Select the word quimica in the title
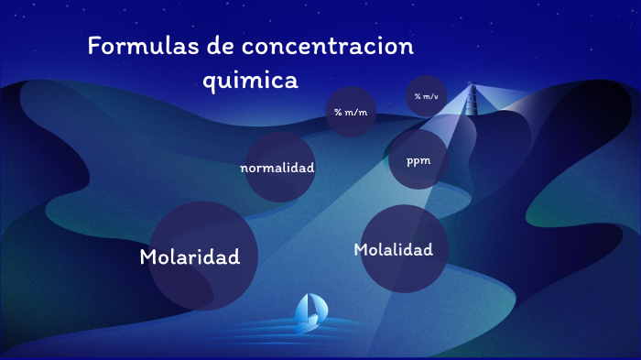coord(250,81)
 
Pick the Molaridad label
coord(190,257)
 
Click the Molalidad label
coord(393,249)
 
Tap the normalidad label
coord(277,168)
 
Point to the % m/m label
coord(350,113)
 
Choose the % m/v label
coord(426,96)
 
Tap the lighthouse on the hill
coord(473,97)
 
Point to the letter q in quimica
coord(208,82)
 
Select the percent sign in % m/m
coord(337,113)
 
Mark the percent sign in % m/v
coord(417,96)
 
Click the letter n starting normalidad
coord(244,169)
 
